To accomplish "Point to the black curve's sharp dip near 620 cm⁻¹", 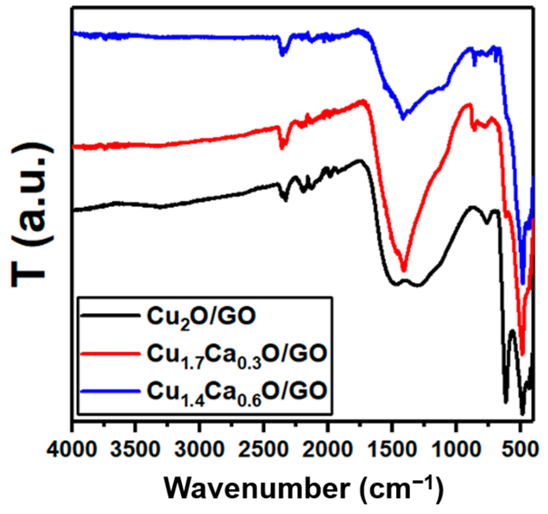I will (506, 402).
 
